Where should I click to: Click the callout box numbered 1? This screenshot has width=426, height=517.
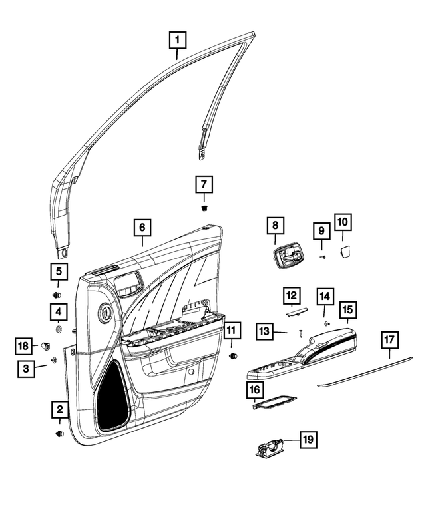point(177,41)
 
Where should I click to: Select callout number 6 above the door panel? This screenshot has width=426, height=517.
point(142,228)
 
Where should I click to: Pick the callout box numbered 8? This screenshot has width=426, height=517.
point(274,227)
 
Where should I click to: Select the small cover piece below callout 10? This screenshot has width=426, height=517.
point(345,250)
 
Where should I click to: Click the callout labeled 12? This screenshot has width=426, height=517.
point(290,295)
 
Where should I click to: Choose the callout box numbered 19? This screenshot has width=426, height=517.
point(307,440)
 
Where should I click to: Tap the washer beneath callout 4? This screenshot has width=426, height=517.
point(59,329)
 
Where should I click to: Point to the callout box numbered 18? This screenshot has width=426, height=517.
point(24,345)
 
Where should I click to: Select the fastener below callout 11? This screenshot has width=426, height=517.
point(232,356)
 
